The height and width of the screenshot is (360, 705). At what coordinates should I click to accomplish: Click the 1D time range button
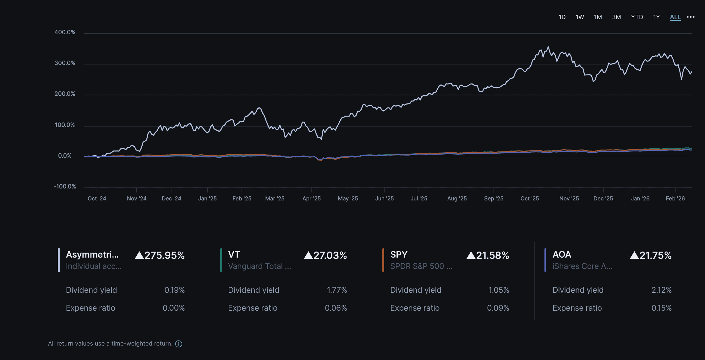(x=562, y=17)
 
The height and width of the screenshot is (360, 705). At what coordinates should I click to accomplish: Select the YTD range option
(x=637, y=17)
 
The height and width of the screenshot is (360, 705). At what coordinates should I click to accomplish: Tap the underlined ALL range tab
(x=675, y=17)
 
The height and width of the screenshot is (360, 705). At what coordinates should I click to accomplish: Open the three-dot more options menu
(x=691, y=17)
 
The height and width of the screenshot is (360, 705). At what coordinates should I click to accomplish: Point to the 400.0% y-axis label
(x=65, y=32)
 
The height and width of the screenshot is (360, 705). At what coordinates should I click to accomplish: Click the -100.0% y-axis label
(x=65, y=187)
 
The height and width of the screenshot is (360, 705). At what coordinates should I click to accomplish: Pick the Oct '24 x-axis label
(x=97, y=199)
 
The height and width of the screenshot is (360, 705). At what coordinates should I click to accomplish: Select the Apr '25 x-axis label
(x=311, y=199)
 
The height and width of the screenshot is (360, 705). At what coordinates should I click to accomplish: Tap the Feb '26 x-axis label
(x=675, y=199)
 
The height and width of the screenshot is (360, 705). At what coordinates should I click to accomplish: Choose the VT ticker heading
(x=234, y=254)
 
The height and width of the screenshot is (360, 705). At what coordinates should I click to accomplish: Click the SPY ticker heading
(x=399, y=254)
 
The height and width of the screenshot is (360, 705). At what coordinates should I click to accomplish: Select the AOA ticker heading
(x=562, y=254)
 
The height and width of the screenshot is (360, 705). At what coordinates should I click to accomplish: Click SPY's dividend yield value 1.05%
(x=499, y=290)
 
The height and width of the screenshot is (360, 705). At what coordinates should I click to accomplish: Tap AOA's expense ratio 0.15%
(x=661, y=308)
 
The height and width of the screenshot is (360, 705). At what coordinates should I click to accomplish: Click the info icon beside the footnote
(x=179, y=344)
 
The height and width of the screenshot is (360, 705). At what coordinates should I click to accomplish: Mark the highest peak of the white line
(x=549, y=47)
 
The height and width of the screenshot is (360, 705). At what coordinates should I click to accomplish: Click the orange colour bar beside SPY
(x=383, y=260)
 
